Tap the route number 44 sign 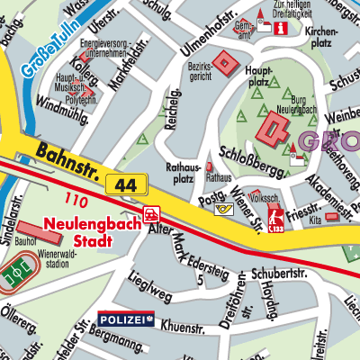click(x=125, y=184)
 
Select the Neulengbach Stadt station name click(x=87, y=233)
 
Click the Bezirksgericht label click(x=200, y=72)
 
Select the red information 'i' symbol click(x=283, y=28)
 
